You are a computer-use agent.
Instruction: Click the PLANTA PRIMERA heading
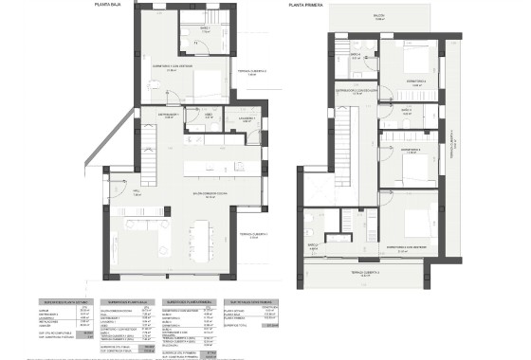[x=308, y=5]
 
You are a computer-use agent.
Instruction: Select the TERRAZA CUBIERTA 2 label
[x=251, y=72]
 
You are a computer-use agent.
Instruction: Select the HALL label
[x=136, y=191]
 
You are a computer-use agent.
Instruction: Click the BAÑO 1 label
[x=204, y=28]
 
